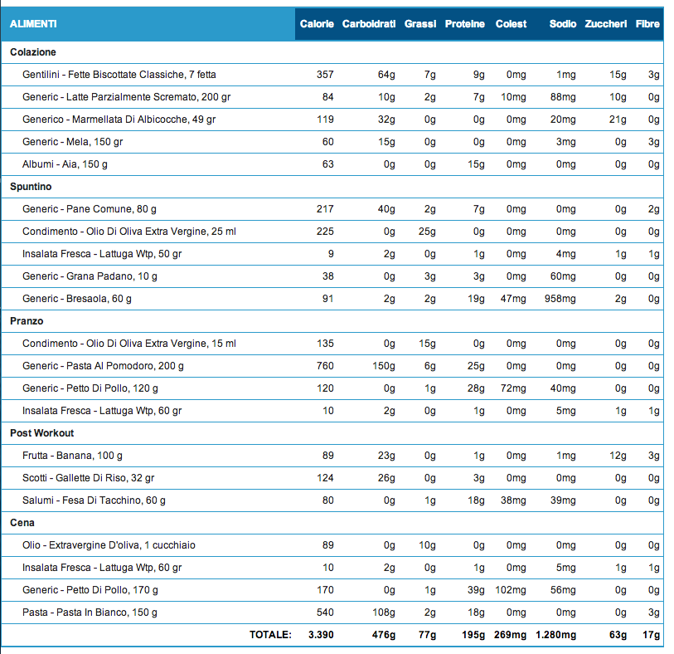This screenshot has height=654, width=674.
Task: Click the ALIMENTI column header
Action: click(33, 24)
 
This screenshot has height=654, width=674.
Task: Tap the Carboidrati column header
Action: click(369, 24)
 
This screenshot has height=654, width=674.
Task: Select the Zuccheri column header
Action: click(606, 24)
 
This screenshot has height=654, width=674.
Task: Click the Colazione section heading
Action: click(33, 52)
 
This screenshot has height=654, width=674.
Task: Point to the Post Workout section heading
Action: click(41, 433)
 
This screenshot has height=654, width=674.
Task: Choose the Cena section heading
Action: click(22, 523)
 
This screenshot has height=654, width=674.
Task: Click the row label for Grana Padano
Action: click(90, 276)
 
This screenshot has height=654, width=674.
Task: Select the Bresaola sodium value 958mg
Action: click(560, 299)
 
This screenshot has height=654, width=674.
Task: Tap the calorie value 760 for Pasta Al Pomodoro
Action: click(325, 366)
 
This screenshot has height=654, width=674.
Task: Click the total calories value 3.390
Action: click(321, 635)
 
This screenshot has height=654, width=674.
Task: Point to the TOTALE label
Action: click(270, 635)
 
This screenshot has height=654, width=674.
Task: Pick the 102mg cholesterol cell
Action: click(510, 590)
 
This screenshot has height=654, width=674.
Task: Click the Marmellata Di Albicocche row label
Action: click(119, 120)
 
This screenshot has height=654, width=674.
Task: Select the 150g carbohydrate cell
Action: click(383, 366)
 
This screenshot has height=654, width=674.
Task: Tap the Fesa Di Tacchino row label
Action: click(94, 500)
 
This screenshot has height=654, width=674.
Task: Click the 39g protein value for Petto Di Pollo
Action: click(476, 590)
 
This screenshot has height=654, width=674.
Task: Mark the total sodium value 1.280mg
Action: click(555, 635)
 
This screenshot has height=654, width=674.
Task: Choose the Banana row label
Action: click(72, 456)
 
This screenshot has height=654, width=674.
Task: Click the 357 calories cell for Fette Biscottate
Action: click(325, 75)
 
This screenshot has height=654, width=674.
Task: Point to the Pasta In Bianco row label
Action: click(90, 613)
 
